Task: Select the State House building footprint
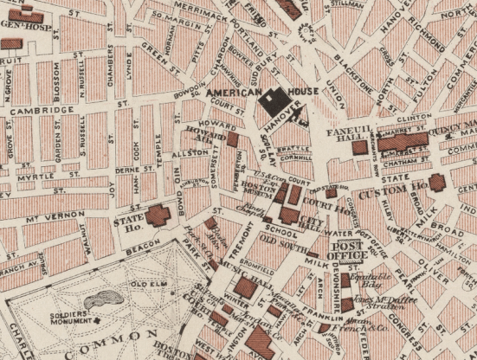point(158,215)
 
